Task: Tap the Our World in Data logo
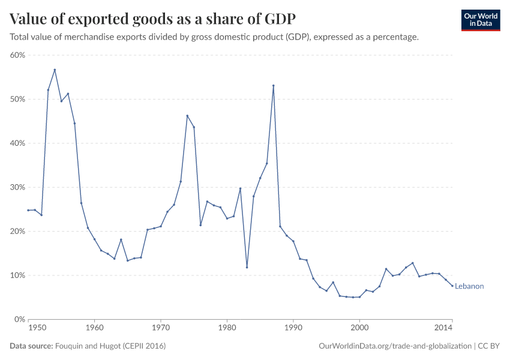(480, 20)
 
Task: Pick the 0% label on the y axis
(19, 319)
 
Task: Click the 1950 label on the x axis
(37, 328)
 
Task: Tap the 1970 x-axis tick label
(161, 328)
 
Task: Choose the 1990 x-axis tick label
(293, 328)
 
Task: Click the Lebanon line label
(469, 286)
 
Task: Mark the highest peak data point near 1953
(55, 70)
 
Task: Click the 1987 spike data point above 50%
(274, 85)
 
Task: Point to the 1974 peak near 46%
(187, 116)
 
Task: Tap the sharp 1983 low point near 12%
(247, 268)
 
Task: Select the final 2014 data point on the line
(452, 286)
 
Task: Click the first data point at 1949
(28, 210)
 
